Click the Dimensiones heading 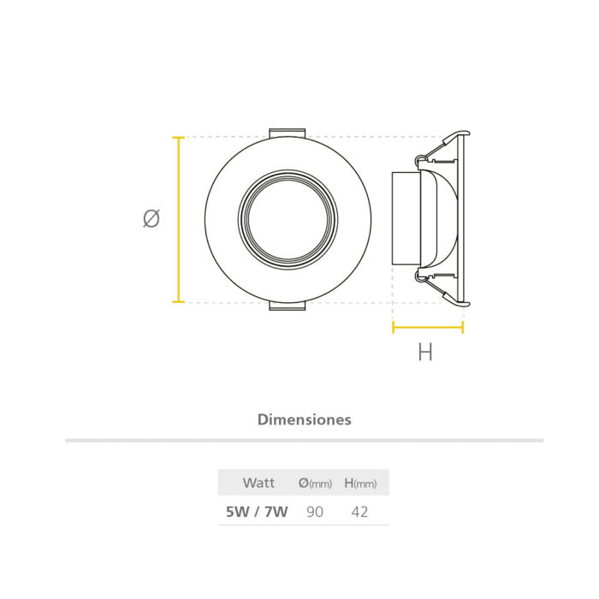coord(304,419)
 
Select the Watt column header coord(258,483)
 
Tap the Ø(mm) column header coord(315,483)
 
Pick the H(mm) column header coord(360,483)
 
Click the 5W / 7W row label coord(257,512)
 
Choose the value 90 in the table coord(315,512)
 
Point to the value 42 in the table coord(360,512)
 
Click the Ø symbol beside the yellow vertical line coord(151,219)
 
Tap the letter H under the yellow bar coord(424,352)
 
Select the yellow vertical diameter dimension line coord(179,219)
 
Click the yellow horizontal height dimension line coord(427,327)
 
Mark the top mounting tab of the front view coord(288,133)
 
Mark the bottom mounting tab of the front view coord(288,305)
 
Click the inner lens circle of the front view coord(288,219)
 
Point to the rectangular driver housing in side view coord(405,218)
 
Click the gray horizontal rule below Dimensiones coord(304,441)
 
